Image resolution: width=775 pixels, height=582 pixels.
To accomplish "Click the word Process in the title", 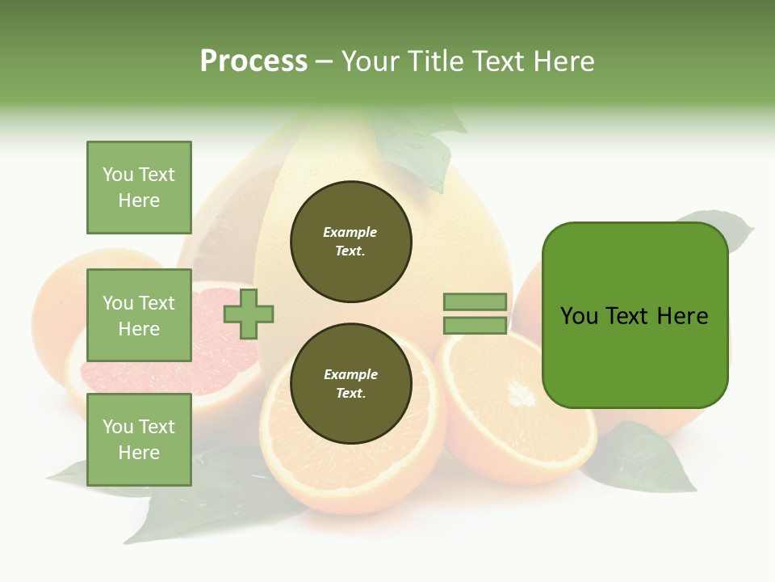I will click(253, 61).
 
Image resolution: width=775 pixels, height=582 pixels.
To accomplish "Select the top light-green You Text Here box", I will click(139, 188).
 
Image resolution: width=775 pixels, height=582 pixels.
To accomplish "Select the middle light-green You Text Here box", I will click(139, 315).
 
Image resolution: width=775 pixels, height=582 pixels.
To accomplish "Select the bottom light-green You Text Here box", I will click(139, 440).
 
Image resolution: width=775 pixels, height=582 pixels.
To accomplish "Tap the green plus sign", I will click(249, 314).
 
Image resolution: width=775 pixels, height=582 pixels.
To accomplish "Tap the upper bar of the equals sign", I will click(475, 302).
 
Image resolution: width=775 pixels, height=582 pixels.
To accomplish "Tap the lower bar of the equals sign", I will click(475, 326).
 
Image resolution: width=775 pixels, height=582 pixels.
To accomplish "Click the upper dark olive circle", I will click(351, 242).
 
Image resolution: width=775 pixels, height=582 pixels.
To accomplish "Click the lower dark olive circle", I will click(351, 384).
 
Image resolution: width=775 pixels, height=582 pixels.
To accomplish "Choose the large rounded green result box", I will click(635, 315).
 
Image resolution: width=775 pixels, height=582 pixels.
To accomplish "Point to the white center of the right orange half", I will click(522, 395).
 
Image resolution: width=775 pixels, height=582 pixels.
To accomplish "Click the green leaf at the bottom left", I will click(202, 501).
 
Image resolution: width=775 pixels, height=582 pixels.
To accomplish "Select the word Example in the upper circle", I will click(350, 232).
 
